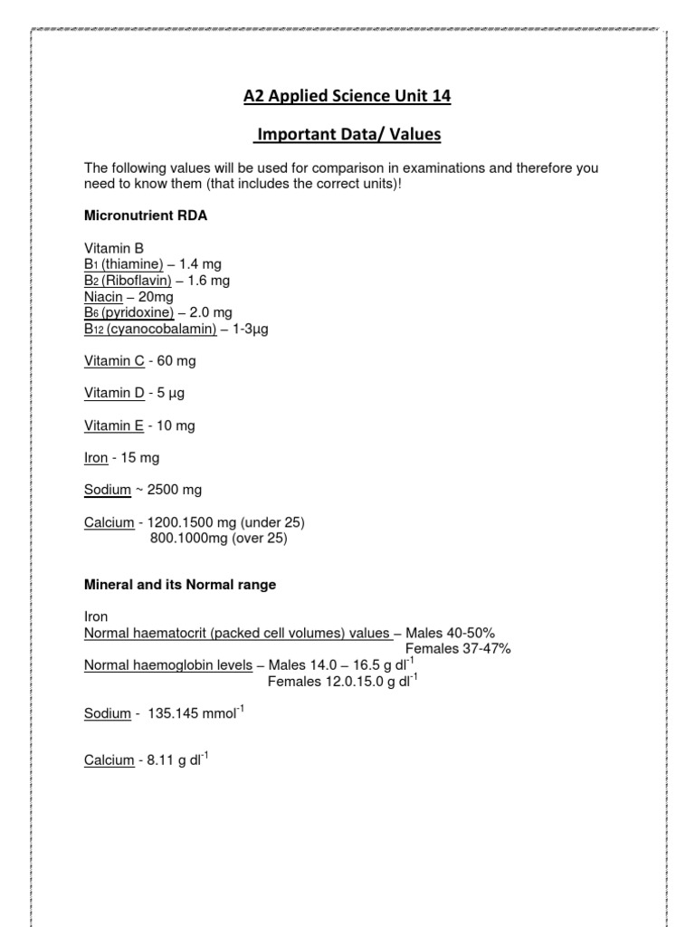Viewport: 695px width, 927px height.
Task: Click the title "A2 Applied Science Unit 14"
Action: click(347, 96)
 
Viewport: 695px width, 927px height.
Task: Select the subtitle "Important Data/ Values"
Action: click(347, 135)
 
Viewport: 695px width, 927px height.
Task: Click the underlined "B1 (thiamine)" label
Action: click(124, 263)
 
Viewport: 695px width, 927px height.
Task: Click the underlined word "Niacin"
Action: click(102, 296)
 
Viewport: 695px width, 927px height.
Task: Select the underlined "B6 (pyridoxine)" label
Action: click(129, 312)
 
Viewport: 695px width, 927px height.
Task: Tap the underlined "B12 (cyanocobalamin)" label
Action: click(150, 329)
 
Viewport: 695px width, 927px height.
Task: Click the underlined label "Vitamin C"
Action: click(114, 361)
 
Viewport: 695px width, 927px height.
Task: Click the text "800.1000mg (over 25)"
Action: click(217, 539)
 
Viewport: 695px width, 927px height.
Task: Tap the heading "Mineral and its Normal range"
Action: click(180, 586)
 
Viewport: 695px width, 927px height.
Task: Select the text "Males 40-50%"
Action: click(451, 633)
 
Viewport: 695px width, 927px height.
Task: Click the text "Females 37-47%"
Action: click(458, 649)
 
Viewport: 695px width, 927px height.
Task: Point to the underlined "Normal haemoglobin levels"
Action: click(168, 665)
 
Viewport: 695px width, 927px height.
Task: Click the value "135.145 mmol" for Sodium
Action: click(193, 714)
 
